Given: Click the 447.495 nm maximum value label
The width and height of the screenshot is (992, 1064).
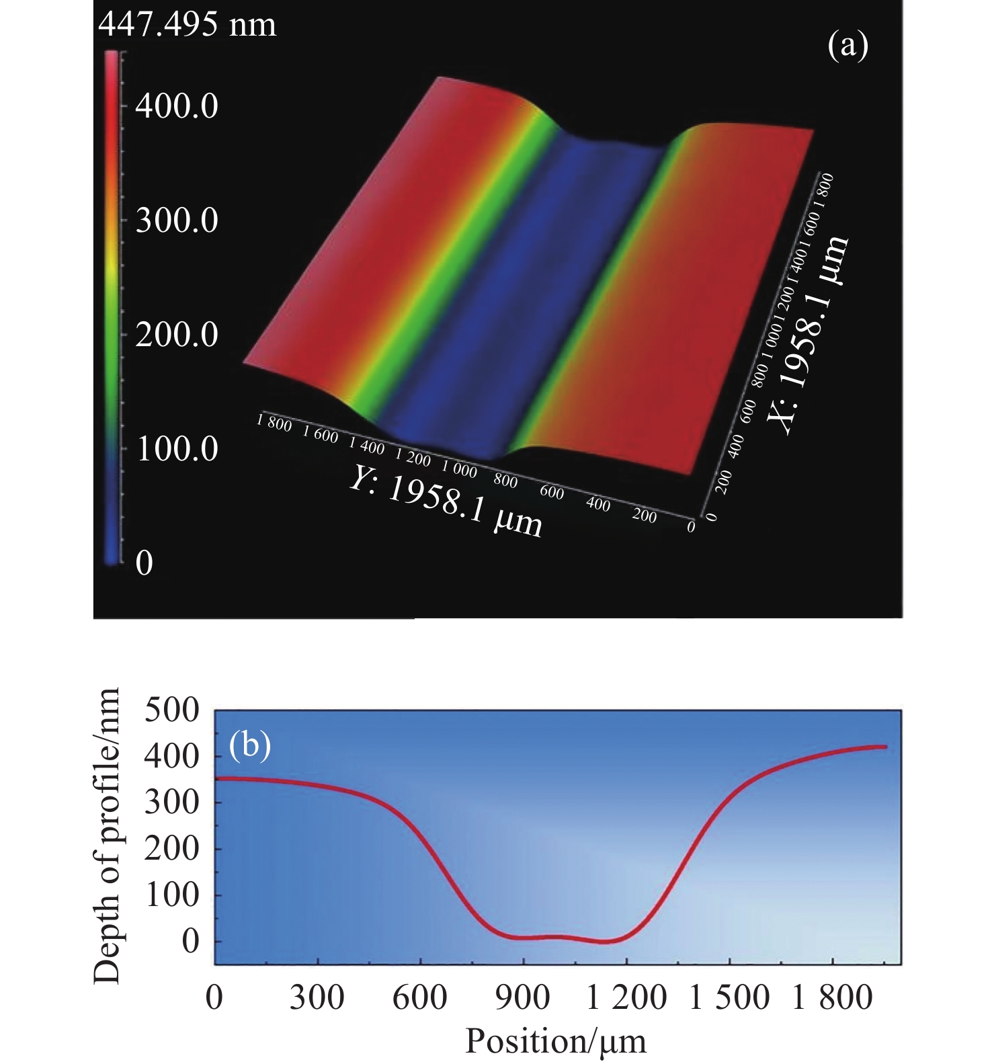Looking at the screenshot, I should (x=187, y=26).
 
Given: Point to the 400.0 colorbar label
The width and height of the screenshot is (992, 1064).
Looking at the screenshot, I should (x=177, y=106).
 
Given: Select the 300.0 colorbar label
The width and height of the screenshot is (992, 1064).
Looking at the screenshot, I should (x=177, y=220).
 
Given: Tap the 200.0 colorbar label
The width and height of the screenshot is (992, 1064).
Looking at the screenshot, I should (x=177, y=335).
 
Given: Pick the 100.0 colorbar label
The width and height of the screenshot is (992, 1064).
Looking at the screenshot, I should (x=177, y=448).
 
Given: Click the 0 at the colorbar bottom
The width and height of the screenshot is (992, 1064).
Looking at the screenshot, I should (x=144, y=563).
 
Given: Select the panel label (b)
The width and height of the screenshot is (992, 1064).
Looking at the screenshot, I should (x=250, y=745).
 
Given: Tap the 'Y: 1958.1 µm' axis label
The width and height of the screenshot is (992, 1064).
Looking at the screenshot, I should (x=446, y=503).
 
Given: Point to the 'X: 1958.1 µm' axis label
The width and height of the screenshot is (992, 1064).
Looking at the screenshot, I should (x=809, y=336).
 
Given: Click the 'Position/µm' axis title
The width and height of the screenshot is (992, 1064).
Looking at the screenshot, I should (x=556, y=1041).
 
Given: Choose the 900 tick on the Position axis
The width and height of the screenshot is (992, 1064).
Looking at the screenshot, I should (x=522, y=997).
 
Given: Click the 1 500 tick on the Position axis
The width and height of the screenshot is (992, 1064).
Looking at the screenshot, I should (x=729, y=997).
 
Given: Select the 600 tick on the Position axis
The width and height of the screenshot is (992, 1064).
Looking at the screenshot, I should (x=419, y=997).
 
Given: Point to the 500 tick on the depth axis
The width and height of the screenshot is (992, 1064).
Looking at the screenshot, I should (x=172, y=710).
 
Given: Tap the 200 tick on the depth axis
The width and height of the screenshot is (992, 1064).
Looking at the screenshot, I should (x=172, y=849).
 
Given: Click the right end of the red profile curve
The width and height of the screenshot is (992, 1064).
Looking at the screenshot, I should (x=886, y=747).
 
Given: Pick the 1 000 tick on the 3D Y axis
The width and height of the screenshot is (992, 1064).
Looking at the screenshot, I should (x=459, y=468).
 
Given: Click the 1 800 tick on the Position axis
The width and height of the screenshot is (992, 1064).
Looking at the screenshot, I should (x=832, y=997).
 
